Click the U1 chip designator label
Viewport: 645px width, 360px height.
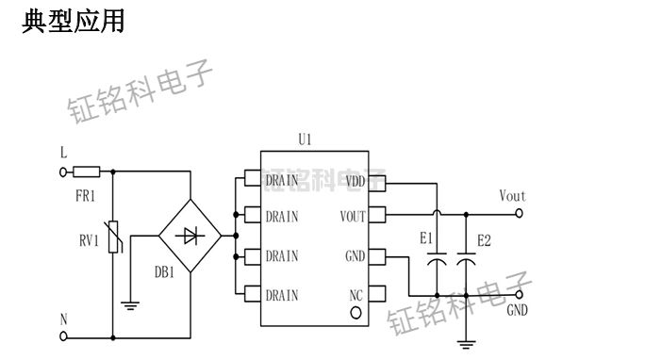pyautogui.click(x=305, y=139)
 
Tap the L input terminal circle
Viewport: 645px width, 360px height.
pyautogui.click(x=64, y=172)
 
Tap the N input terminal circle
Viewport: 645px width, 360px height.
pyautogui.click(x=64, y=335)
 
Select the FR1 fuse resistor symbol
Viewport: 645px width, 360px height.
pyautogui.click(x=87, y=172)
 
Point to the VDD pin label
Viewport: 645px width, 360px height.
pyautogui.click(x=356, y=181)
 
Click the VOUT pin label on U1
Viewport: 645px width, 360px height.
pyautogui.click(x=353, y=216)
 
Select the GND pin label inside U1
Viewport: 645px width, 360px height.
pyautogui.click(x=355, y=255)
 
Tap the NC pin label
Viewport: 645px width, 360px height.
pyautogui.click(x=356, y=295)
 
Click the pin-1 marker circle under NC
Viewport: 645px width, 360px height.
pyautogui.click(x=356, y=312)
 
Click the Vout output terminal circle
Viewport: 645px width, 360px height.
pyautogui.click(x=519, y=214)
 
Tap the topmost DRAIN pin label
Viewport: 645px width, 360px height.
pyautogui.click(x=282, y=181)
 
